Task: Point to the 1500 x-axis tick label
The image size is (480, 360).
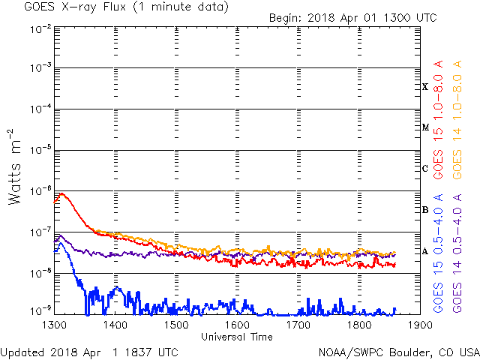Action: (x=176, y=325)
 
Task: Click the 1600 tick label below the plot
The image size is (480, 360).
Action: (x=237, y=325)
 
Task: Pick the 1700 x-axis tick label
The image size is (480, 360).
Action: (x=298, y=325)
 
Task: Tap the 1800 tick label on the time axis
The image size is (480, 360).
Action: (x=359, y=325)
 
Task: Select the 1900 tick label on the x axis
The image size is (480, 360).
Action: (x=420, y=325)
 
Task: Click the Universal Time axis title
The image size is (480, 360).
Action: (x=237, y=337)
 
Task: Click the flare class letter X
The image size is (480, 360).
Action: (x=425, y=87)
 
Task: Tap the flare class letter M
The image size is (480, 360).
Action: (x=425, y=127)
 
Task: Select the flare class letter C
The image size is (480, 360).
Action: (x=425, y=169)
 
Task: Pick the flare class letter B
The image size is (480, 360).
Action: (x=425, y=210)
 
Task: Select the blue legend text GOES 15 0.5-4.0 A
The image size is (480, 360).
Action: (x=438, y=251)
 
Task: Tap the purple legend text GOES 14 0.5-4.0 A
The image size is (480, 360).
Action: (x=456, y=251)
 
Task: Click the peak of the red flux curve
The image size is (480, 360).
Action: (x=61, y=194)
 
